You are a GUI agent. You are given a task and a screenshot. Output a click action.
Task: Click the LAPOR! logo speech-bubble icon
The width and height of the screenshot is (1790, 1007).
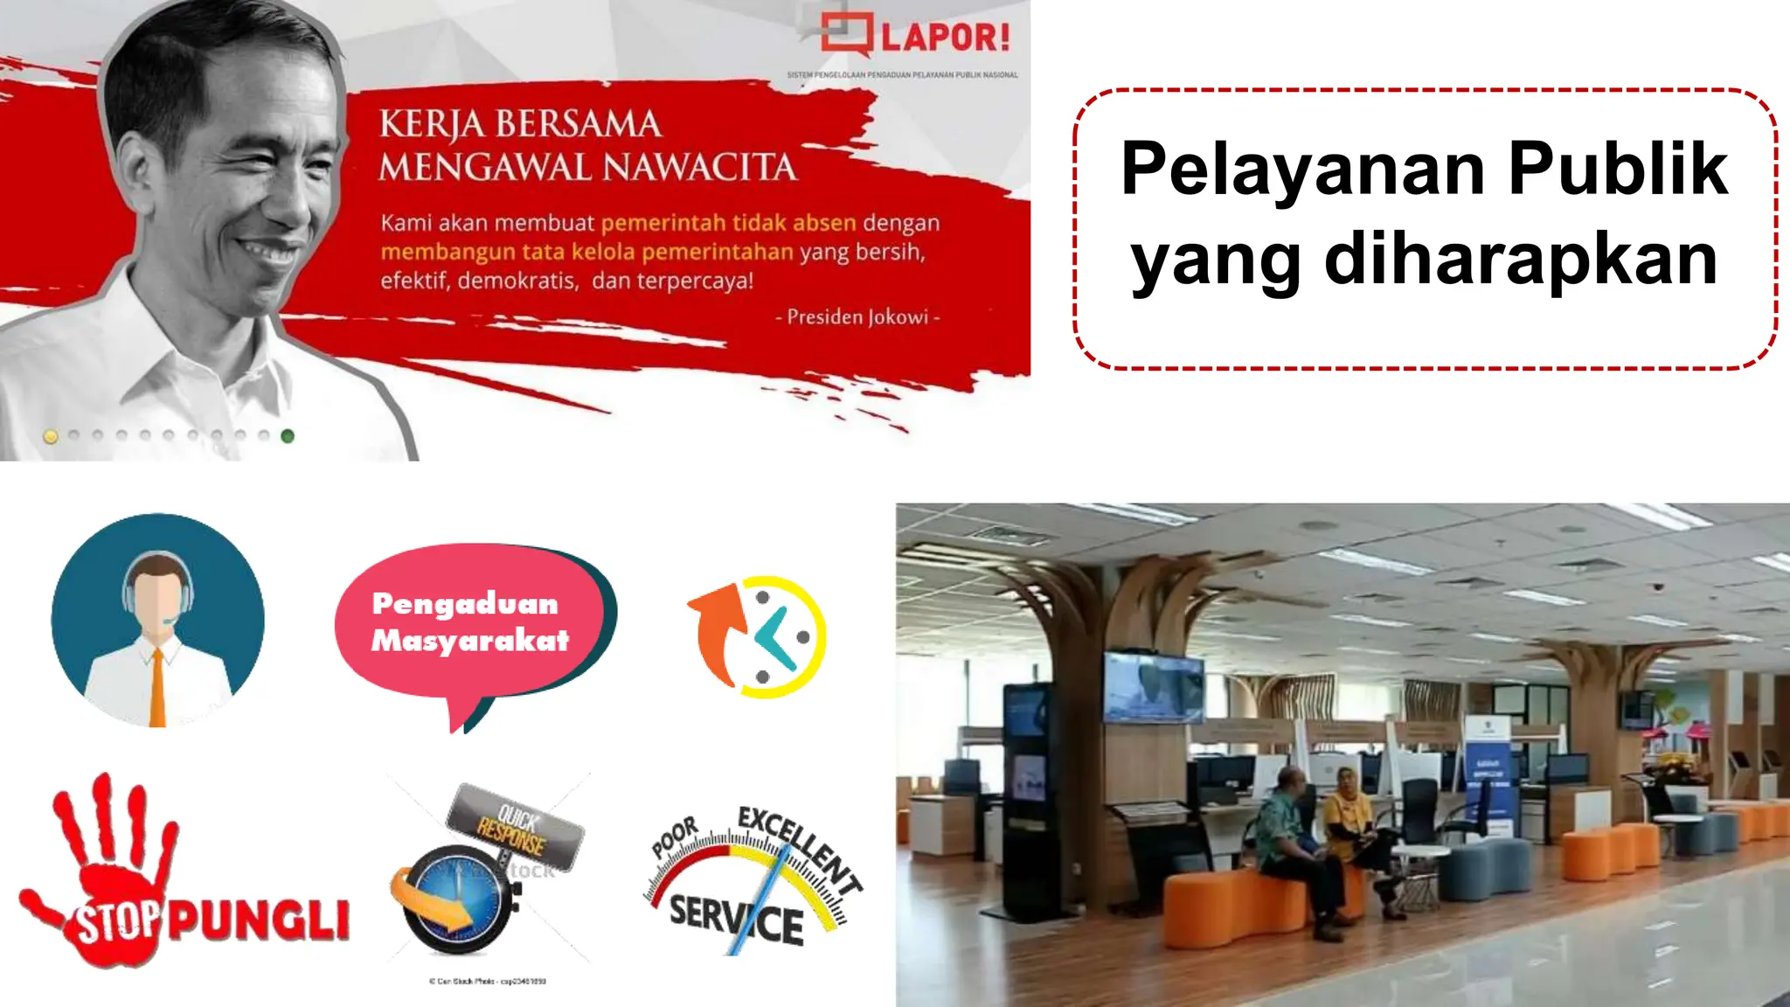(x=845, y=35)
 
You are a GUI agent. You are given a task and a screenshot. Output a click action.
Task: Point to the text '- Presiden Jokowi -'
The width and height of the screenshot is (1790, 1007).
(x=857, y=317)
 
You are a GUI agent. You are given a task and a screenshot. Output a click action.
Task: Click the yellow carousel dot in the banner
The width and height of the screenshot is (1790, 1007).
(x=51, y=436)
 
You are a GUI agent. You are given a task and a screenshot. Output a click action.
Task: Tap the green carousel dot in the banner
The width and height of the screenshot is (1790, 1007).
(x=288, y=436)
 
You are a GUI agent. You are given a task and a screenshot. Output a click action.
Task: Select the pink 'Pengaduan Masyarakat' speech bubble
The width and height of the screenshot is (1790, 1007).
(x=470, y=622)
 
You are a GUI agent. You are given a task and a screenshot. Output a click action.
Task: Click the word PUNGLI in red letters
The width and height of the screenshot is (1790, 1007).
(x=259, y=920)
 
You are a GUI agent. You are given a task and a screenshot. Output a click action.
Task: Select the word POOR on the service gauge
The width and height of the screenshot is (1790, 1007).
(x=675, y=837)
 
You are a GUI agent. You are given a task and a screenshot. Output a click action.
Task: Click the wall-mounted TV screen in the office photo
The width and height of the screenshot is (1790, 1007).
(x=1154, y=686)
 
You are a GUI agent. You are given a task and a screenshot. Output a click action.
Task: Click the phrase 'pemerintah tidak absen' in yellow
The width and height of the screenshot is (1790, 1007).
(x=728, y=223)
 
